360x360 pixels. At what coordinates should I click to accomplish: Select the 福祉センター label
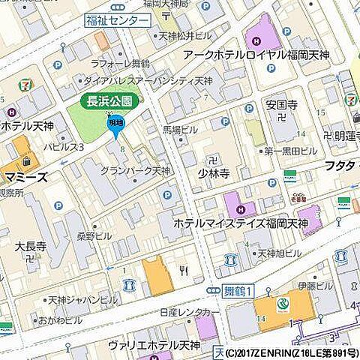pos(117,20)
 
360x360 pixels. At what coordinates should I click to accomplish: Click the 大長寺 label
pos(31,245)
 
